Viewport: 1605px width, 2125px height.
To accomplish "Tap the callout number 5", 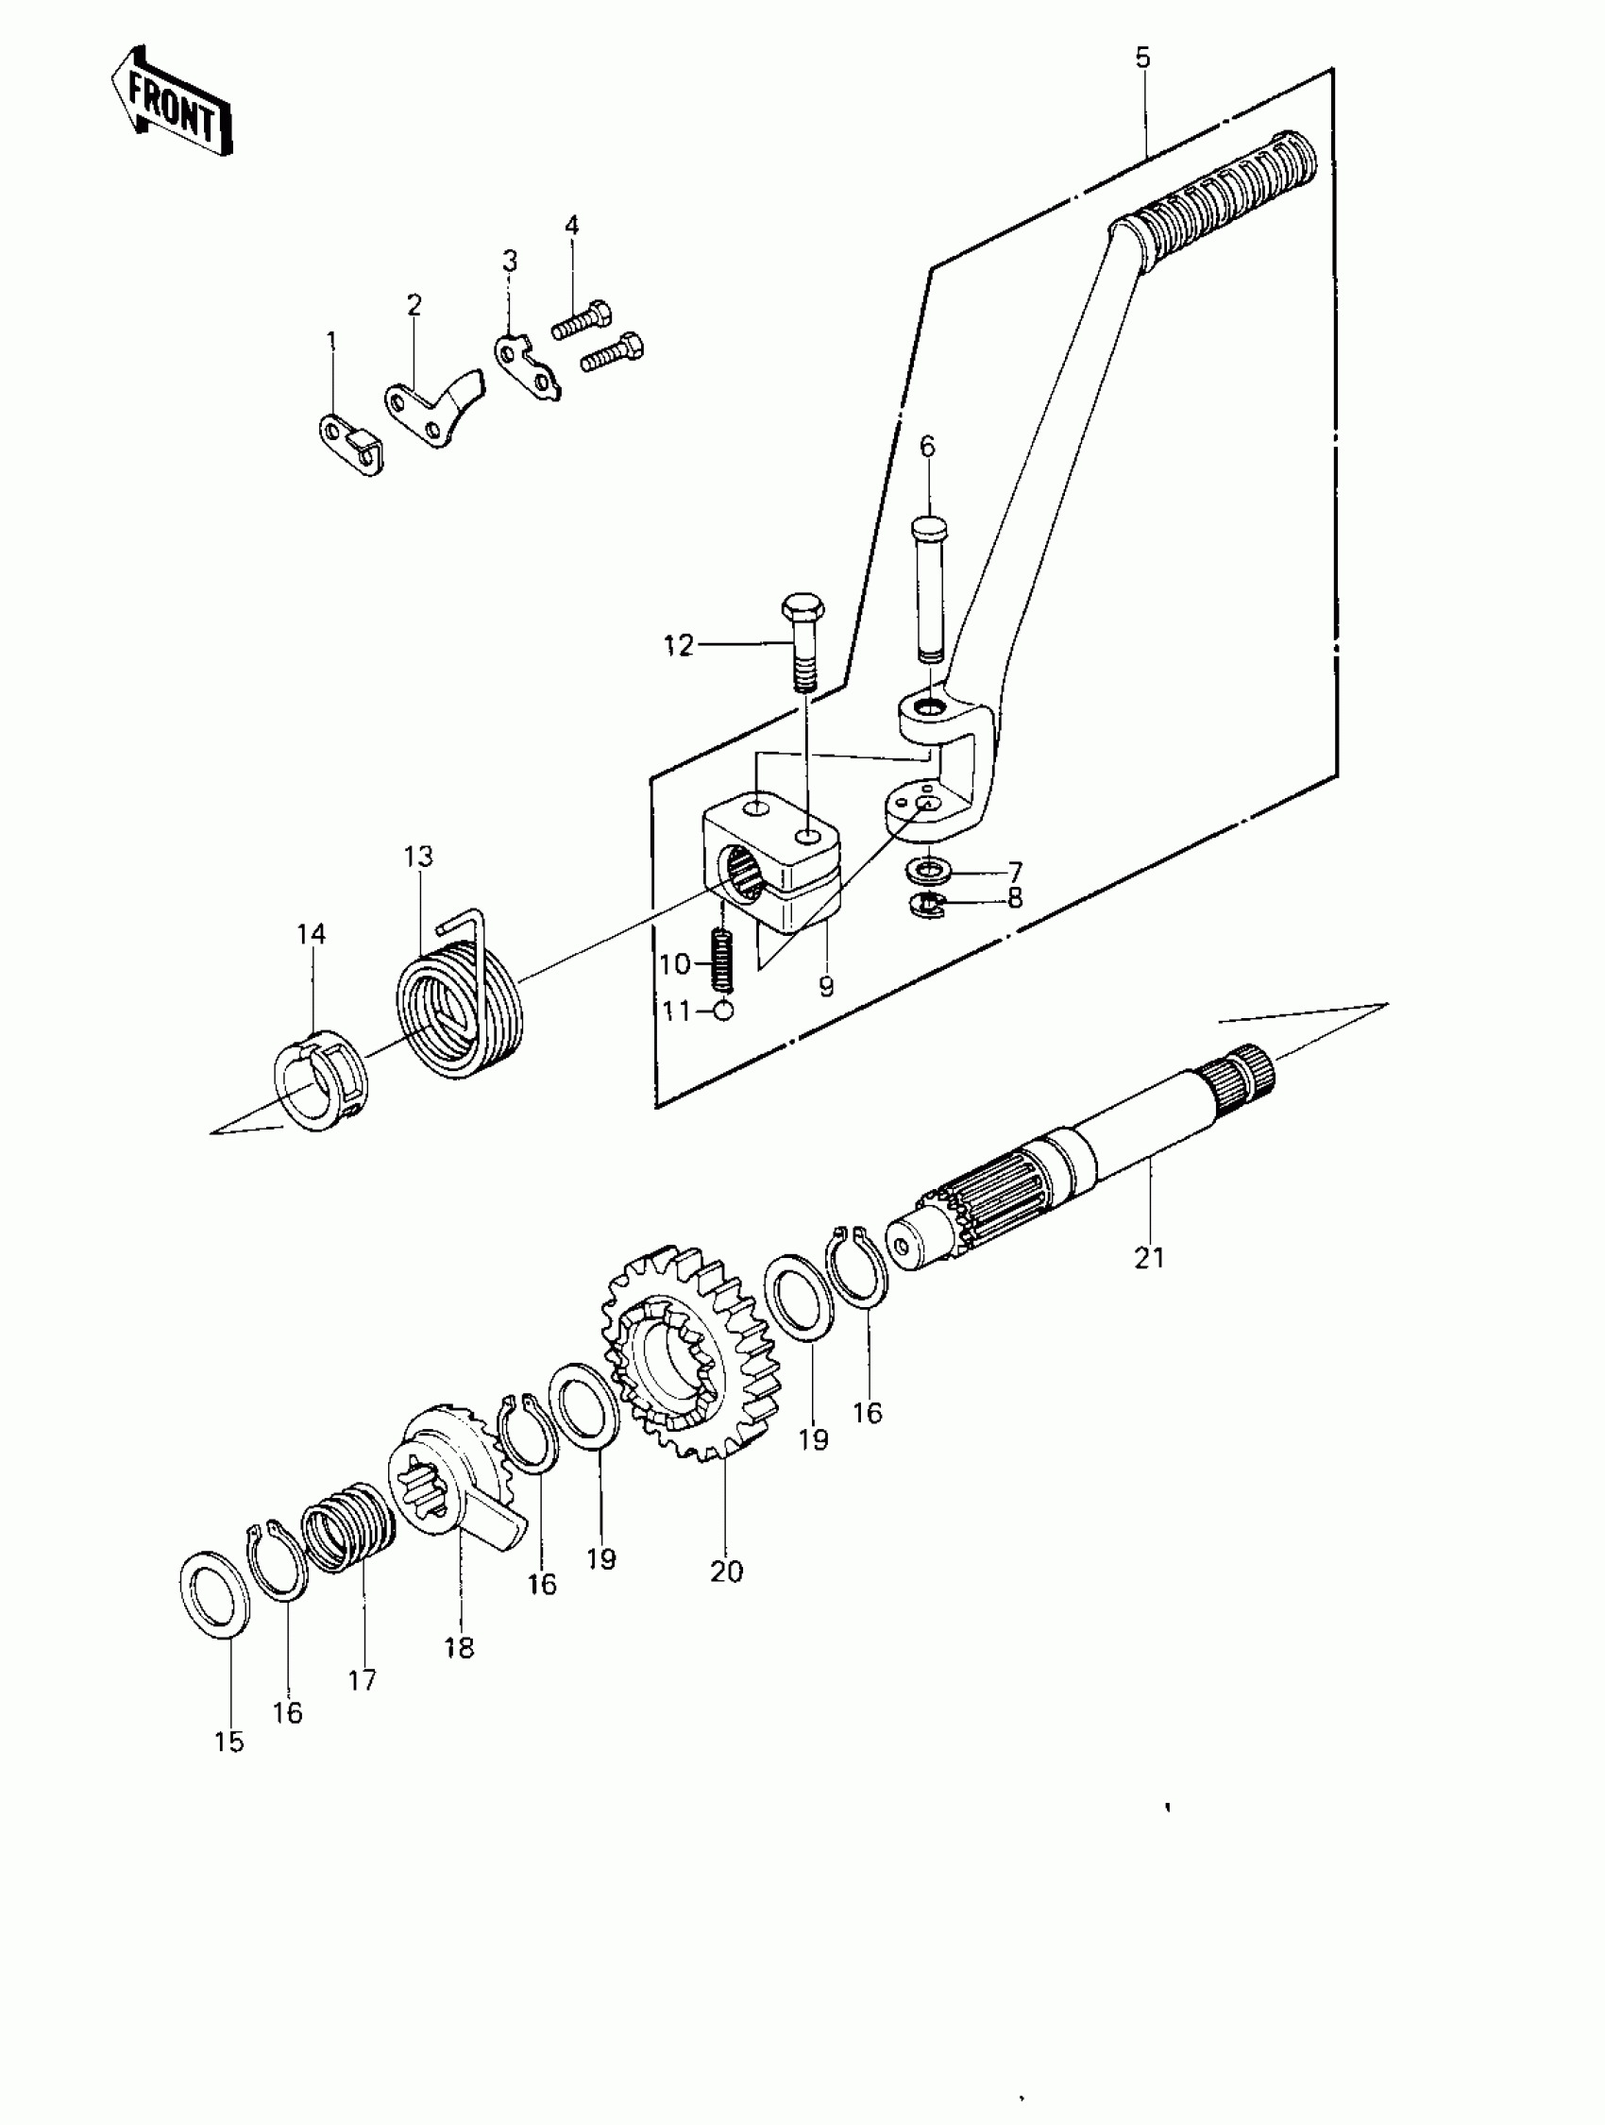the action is [1142, 59].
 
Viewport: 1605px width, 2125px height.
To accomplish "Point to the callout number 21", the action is [1149, 1257].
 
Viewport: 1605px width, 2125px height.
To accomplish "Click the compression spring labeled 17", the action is [347, 1528].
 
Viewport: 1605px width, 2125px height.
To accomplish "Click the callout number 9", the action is [826, 987].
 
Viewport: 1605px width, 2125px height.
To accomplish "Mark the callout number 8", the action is [1015, 898].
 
